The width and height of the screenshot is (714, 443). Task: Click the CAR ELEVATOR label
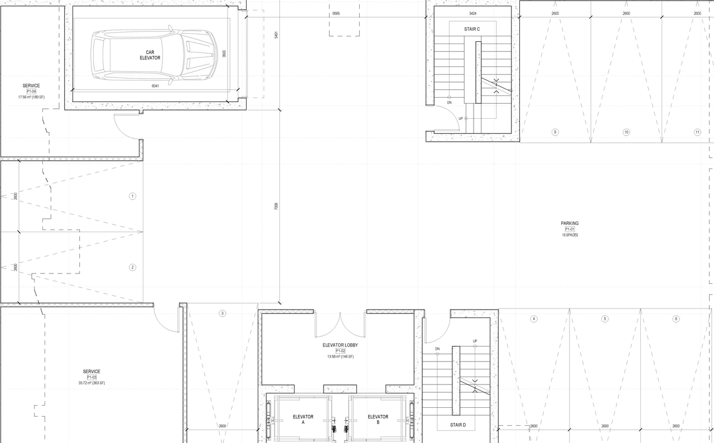(149, 55)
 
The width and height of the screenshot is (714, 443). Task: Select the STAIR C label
(472, 28)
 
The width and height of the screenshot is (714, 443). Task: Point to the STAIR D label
(458, 425)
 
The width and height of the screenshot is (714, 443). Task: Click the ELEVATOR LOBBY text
(340, 345)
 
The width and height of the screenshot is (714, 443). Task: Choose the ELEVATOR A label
(303, 420)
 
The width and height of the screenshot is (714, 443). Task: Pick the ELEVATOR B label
(378, 420)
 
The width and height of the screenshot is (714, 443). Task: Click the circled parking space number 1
(132, 196)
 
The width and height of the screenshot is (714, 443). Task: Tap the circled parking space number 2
(132, 267)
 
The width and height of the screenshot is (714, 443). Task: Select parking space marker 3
(222, 314)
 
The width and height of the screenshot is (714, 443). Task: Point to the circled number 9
(554, 132)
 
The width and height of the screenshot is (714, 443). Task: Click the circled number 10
(626, 132)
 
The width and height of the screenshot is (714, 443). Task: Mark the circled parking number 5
(605, 319)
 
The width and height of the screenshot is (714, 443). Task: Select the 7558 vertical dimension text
(276, 206)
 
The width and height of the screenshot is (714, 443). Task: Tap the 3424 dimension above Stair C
(472, 13)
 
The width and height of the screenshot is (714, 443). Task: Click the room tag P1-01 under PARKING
(570, 229)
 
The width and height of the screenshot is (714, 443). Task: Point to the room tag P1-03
(91, 377)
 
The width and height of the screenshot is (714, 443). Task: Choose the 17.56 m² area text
(31, 97)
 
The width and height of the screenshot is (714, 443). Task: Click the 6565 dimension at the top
(336, 12)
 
